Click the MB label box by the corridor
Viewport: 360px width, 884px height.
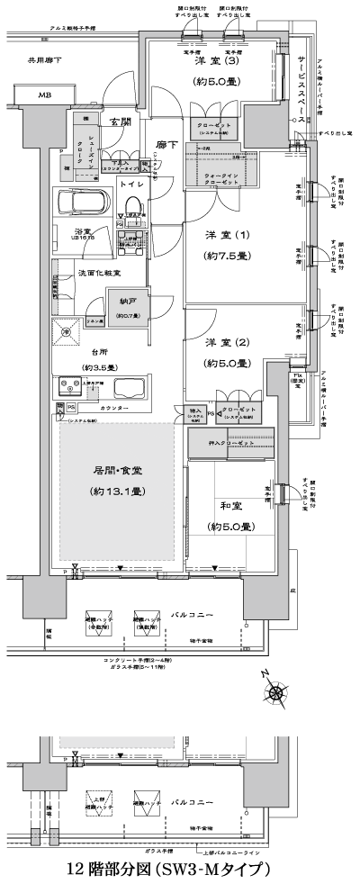coord(44,95)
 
